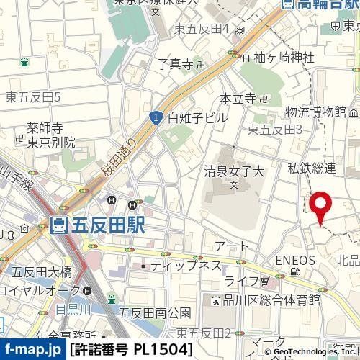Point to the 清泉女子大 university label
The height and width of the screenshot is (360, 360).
tap(235, 173)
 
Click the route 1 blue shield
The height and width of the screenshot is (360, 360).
tap(156, 116)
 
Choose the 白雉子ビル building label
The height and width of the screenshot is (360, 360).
tap(197, 117)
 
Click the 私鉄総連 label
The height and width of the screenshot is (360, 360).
tap(312, 168)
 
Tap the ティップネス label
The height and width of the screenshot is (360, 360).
tap(184, 266)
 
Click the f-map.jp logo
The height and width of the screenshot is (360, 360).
tap(33, 350)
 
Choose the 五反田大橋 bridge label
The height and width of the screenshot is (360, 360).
tap(42, 271)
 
